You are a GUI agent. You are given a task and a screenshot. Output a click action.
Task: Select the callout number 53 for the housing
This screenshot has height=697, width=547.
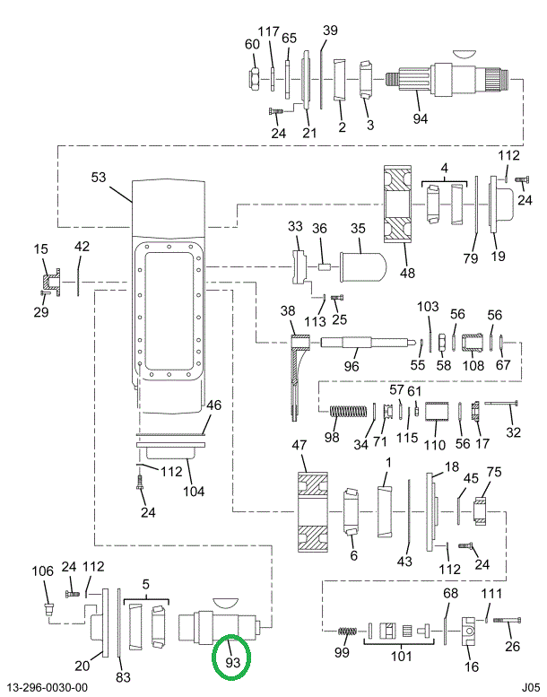[99, 178]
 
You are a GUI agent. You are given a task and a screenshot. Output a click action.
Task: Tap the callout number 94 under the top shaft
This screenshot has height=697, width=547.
[421, 118]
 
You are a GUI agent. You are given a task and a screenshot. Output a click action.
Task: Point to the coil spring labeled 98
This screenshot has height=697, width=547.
[346, 412]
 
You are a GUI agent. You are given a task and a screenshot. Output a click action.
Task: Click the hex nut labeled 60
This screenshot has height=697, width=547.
[255, 80]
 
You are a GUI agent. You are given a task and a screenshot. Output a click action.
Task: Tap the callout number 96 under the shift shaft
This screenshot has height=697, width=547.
[352, 367]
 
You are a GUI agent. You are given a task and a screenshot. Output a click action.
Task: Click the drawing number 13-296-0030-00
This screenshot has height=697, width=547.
[50, 687]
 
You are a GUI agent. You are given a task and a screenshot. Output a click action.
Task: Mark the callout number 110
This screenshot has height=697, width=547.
[434, 445]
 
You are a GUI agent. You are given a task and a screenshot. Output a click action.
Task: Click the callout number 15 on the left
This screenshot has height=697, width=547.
[40, 248]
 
